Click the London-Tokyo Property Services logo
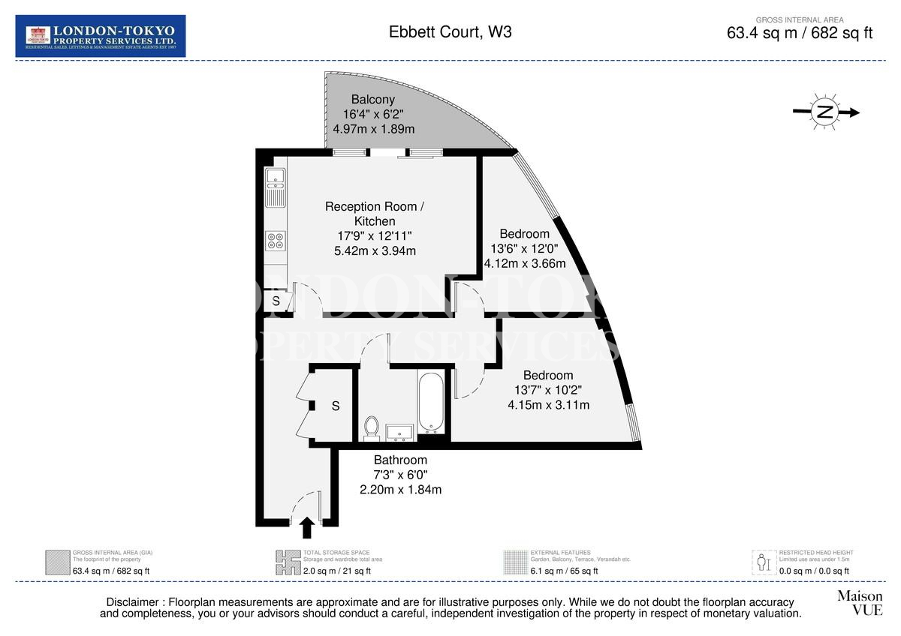point(101,36)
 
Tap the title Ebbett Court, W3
point(450,32)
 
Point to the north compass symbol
point(825,112)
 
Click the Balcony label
point(372,100)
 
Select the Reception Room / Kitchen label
point(375,214)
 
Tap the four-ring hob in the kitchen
point(275,240)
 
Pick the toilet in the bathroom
point(372,428)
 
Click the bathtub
point(431,403)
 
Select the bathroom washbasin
point(399,433)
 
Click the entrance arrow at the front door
point(306,527)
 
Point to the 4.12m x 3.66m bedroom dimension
point(525,263)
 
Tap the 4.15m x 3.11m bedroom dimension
point(548,405)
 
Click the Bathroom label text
point(400,460)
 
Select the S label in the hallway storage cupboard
point(336,406)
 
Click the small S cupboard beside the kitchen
point(276,301)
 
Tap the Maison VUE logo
point(860,602)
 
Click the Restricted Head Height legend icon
point(764,562)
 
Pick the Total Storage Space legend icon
point(287,562)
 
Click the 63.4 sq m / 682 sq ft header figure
point(800,33)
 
